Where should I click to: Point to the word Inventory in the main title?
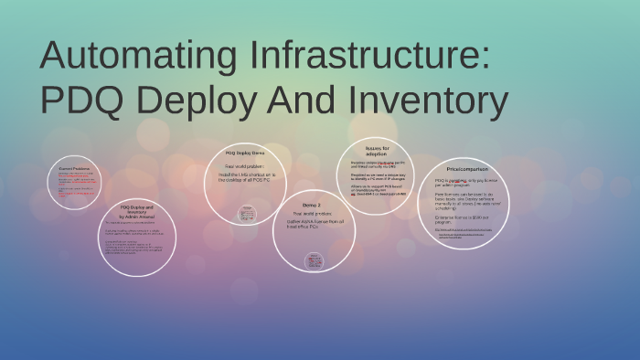coord(429,101)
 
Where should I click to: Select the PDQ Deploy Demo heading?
coord(245,153)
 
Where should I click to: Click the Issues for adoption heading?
coord(377,150)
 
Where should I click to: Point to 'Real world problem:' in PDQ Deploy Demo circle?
coord(245,166)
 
